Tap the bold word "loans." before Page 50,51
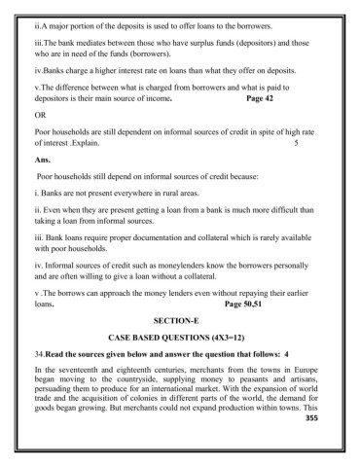[x=44, y=303]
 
